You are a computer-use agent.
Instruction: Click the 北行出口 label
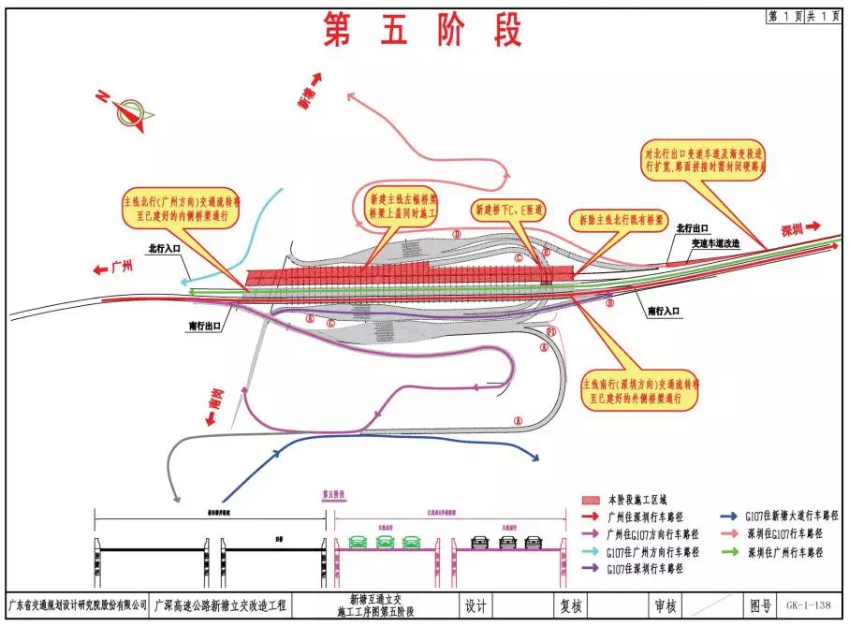(x=693, y=228)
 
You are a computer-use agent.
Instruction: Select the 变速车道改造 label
(x=716, y=243)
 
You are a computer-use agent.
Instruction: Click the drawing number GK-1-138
(x=809, y=605)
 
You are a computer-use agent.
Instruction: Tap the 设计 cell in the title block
(x=476, y=605)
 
